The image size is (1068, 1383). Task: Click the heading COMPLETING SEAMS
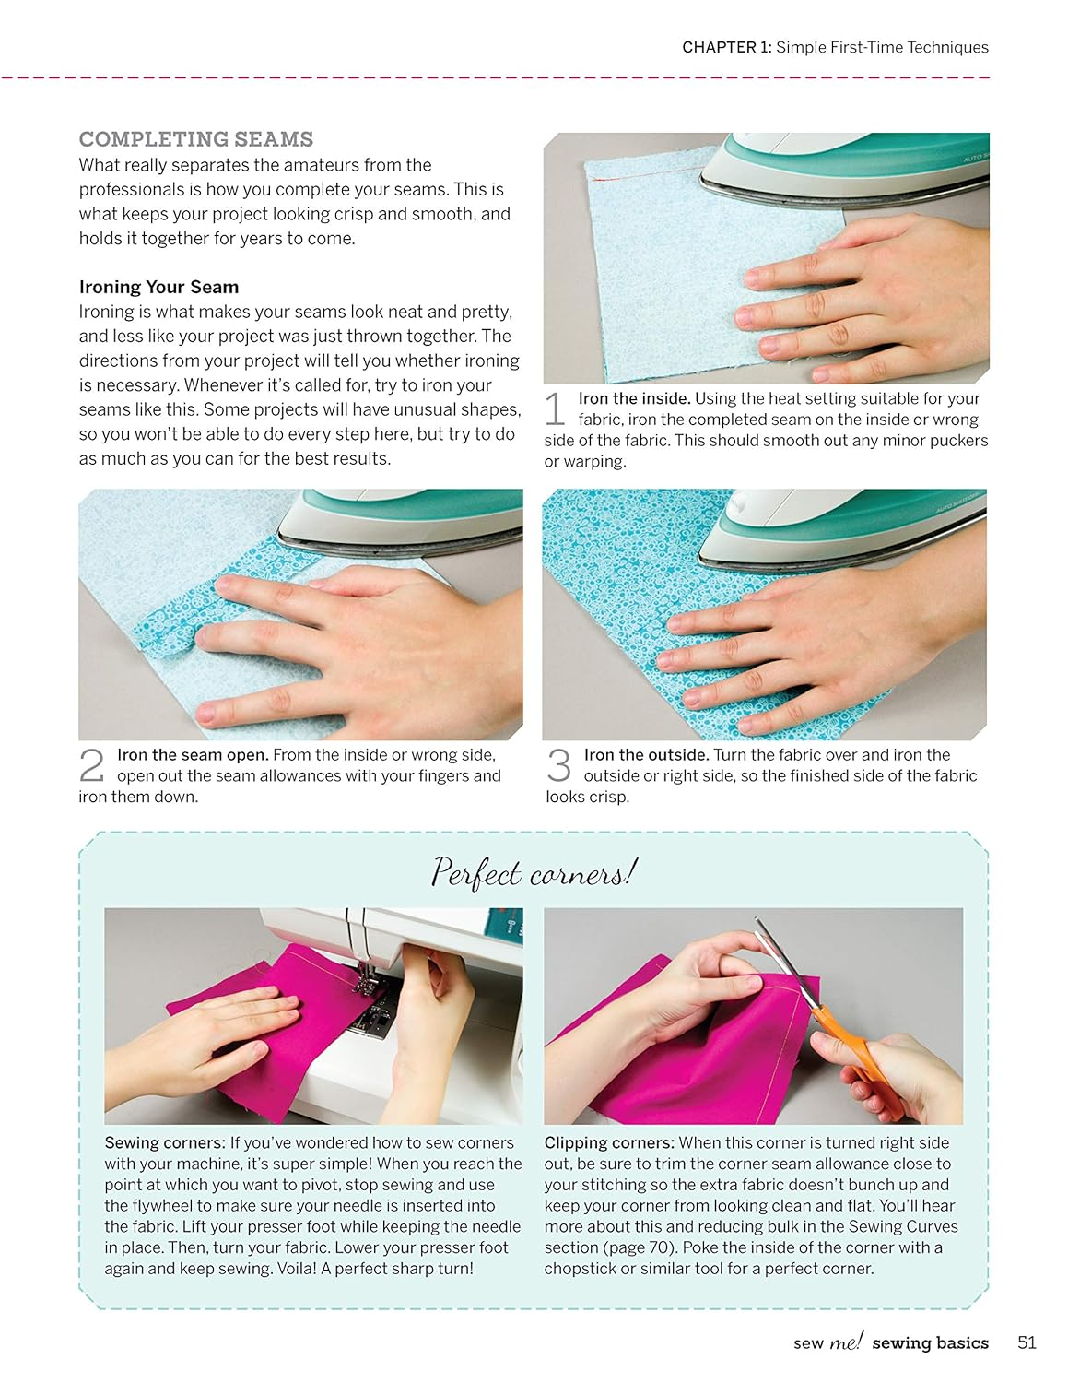click(195, 139)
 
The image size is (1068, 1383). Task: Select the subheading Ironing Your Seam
click(158, 287)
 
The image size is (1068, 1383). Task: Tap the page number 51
click(1027, 1342)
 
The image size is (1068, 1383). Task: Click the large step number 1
click(555, 408)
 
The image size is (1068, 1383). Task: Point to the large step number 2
click(92, 765)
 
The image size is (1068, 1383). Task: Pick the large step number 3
click(558, 765)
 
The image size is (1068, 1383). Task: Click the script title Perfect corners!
click(534, 872)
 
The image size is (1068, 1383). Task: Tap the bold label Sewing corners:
click(165, 1142)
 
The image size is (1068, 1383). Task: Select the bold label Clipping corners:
click(609, 1142)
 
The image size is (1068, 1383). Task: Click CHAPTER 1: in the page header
click(726, 47)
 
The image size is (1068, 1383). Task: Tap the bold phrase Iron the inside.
click(634, 398)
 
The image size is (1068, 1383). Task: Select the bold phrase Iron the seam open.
click(193, 754)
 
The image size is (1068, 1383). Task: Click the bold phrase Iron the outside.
click(646, 754)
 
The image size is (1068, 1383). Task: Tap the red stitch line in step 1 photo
click(645, 174)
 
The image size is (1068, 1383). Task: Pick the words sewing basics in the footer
click(930, 1342)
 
